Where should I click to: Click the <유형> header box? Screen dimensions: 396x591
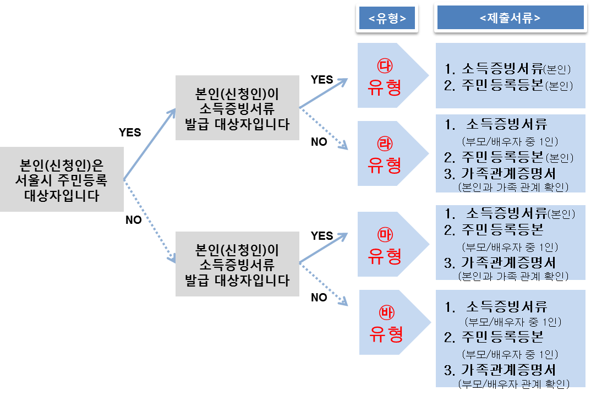(387, 18)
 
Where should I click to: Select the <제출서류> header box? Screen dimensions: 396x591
(510, 18)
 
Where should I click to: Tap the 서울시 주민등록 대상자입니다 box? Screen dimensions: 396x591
(62, 180)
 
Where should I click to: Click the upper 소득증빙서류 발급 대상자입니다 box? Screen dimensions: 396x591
(237, 108)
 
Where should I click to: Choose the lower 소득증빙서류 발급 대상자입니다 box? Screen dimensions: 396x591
(237, 264)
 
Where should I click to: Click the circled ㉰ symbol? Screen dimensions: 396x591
(385, 67)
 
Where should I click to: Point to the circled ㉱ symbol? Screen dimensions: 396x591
(385, 145)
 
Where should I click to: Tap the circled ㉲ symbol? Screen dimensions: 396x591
(385, 235)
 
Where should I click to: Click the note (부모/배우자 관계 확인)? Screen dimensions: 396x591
(513, 383)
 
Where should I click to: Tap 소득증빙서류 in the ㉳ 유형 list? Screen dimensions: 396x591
(507, 306)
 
